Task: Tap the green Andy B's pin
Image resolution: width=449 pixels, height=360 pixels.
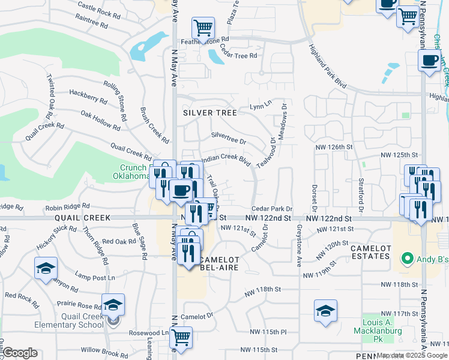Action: click(408, 259)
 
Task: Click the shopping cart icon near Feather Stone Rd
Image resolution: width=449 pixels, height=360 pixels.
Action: click(203, 27)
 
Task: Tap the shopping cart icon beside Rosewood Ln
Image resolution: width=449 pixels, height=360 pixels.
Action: click(181, 337)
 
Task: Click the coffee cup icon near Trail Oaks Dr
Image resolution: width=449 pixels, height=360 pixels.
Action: click(181, 191)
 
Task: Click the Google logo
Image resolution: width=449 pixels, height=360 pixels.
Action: click(20, 353)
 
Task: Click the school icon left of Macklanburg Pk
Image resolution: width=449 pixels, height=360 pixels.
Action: click(325, 310)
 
